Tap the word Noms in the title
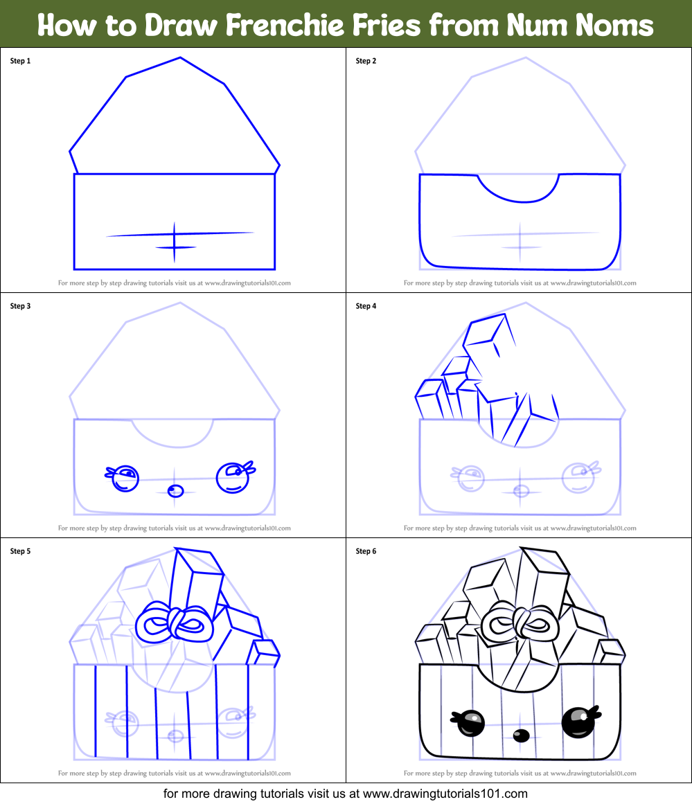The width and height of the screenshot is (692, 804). point(614,26)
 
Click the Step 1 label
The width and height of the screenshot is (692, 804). point(20,61)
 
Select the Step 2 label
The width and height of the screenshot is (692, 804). point(366,61)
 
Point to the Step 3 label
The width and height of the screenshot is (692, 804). point(20,306)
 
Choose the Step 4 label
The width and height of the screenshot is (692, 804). point(366,306)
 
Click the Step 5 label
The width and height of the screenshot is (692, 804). point(20,551)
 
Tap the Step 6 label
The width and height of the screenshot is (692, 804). point(366,551)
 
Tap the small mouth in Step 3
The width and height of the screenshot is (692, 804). point(176,491)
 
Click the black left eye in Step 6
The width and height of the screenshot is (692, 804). point(470,724)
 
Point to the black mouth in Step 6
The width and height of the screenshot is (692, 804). point(522,735)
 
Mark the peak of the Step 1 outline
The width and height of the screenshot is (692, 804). point(180,58)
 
